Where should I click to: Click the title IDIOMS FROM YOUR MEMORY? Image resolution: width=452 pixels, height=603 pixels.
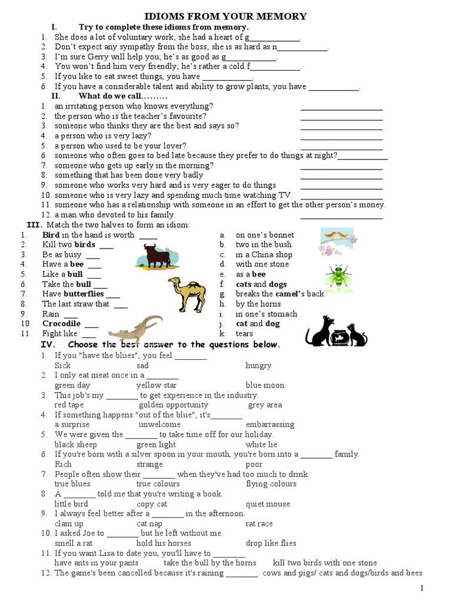(225, 16)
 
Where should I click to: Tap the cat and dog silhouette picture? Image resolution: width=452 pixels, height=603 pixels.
(336, 332)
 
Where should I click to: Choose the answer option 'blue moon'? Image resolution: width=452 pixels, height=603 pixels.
(265, 385)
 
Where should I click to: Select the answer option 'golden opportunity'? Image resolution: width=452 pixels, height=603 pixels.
(173, 405)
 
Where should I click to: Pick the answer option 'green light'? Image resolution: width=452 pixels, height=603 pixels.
(156, 445)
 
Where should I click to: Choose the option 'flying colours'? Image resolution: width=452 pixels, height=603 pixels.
(271, 484)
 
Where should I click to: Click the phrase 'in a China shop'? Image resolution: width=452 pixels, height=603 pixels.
(264, 255)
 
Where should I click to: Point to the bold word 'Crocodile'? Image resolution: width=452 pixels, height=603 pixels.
(61, 324)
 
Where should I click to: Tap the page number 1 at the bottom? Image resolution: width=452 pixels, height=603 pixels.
(421, 588)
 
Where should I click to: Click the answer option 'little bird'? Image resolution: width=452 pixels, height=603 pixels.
(71, 504)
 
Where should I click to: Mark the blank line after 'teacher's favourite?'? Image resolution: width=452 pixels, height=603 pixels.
(341, 120)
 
